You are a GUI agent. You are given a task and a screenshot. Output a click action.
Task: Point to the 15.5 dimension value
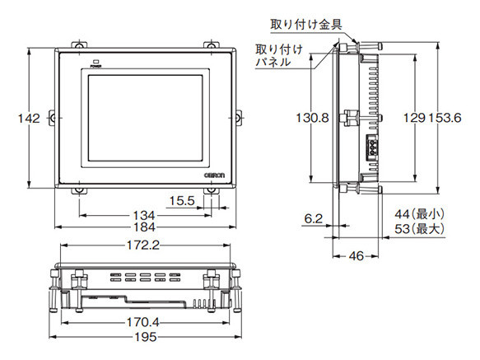(184, 200)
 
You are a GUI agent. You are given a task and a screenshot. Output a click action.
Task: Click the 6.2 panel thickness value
(314, 218)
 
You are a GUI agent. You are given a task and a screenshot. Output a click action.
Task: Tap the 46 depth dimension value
(356, 256)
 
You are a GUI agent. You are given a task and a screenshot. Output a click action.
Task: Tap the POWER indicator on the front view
(96, 61)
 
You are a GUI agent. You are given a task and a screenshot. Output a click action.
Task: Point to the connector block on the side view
(371, 149)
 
